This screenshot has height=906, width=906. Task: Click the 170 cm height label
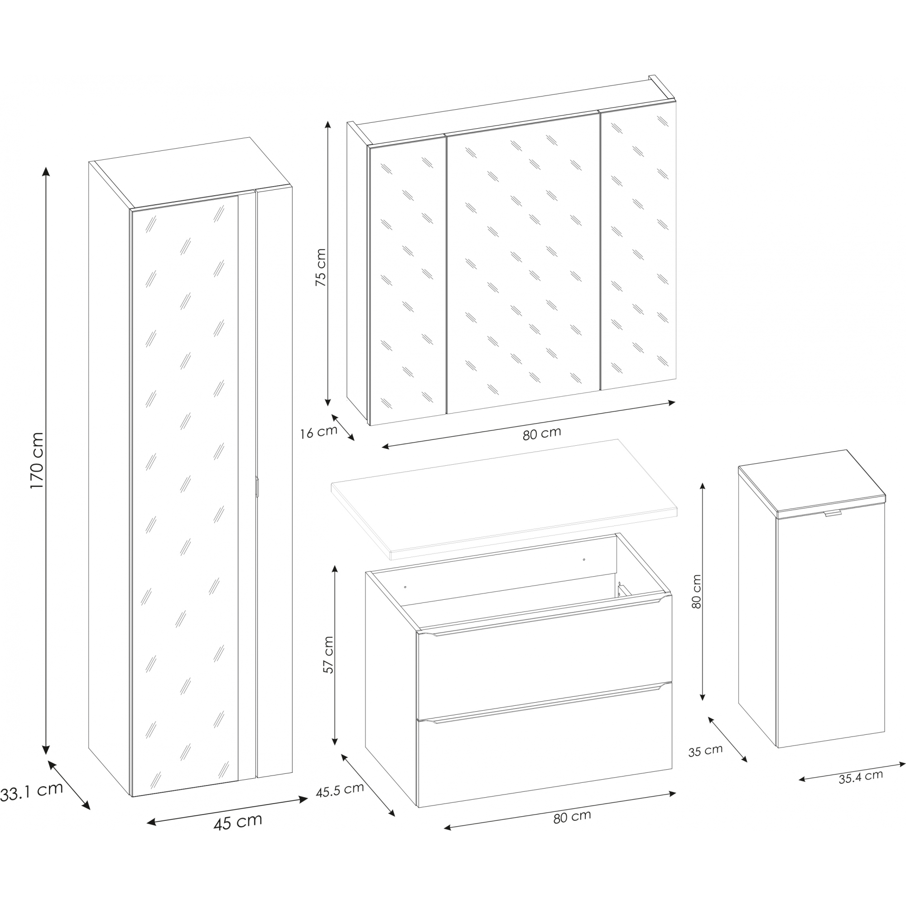[37, 461]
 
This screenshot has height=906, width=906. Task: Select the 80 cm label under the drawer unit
[572, 816]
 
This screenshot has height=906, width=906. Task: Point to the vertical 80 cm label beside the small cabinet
[696, 592]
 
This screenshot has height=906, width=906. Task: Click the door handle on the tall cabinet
[257, 486]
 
